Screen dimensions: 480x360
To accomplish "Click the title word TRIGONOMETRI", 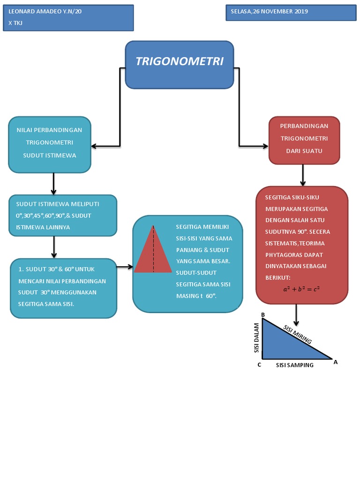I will coord(179,61).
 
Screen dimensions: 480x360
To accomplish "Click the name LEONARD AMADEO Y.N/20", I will coord(45,12).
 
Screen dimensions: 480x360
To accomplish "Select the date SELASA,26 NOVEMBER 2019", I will coord(269,12).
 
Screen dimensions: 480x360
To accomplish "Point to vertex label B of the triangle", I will coord(263,315).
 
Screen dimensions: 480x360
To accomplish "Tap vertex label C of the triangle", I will coord(259,365).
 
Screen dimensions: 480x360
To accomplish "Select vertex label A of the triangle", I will coord(335,361).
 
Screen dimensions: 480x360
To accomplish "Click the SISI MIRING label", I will coord(298,334).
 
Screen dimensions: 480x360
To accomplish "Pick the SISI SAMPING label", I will coord(294,365).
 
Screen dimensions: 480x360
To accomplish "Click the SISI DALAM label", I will coord(256,337).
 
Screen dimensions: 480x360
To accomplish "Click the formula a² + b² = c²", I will coord(301,289).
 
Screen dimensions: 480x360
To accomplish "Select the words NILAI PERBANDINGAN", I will coord(49,130).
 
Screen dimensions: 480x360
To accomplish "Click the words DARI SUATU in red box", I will coord(304,151).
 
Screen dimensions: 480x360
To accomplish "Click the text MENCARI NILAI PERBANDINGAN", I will coord(62,281).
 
